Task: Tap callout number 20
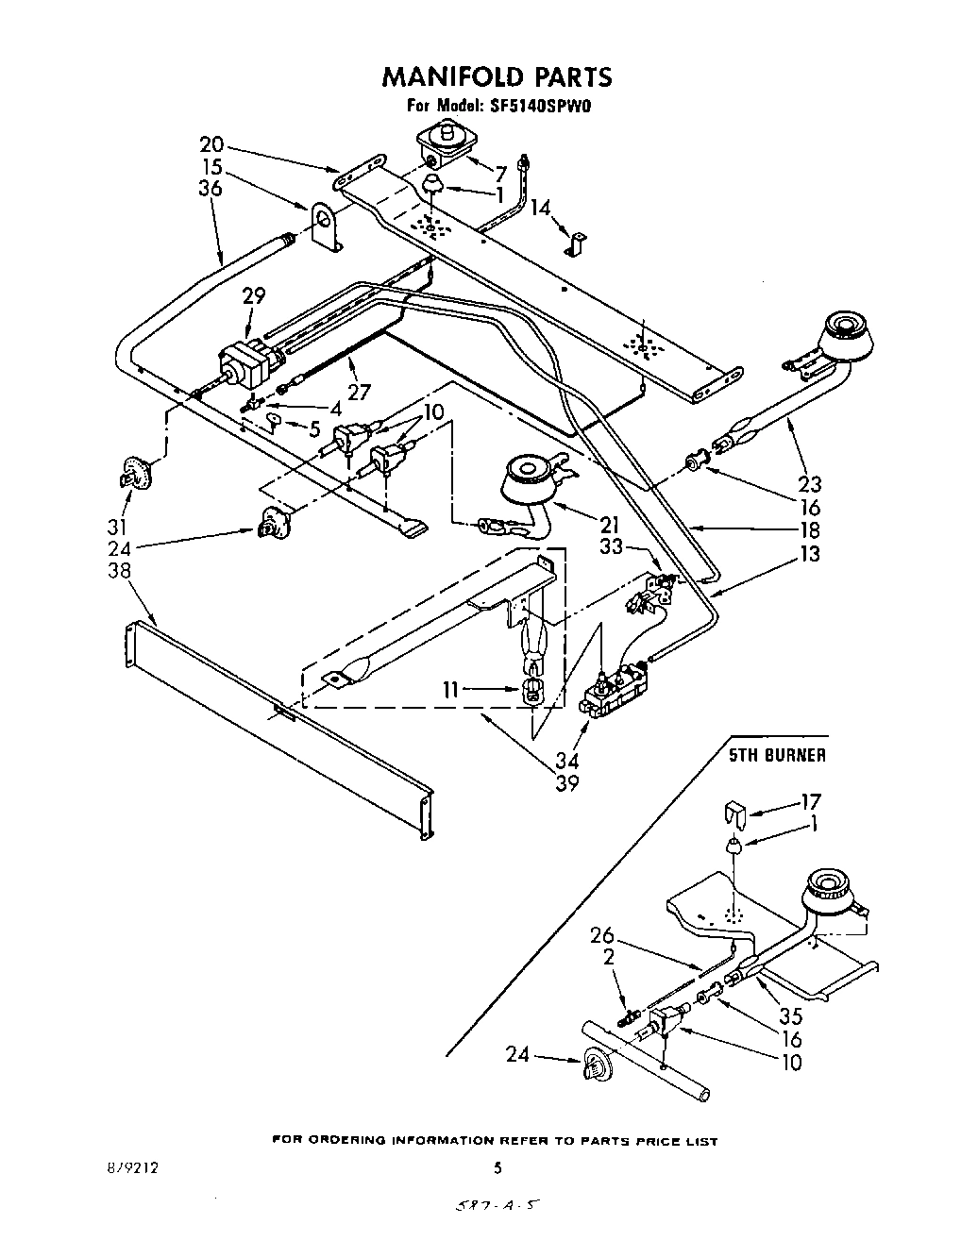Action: tap(212, 144)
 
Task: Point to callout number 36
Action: tap(211, 189)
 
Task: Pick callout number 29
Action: tap(253, 295)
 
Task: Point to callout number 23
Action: tap(809, 485)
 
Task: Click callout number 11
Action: tap(451, 690)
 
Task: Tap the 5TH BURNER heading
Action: tap(776, 755)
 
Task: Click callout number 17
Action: tap(809, 801)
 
